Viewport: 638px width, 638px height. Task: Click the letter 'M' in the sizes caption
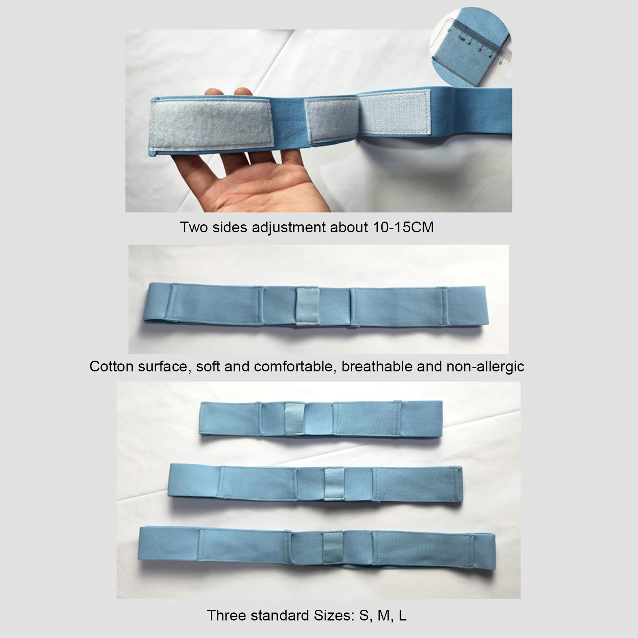coord(383,615)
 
